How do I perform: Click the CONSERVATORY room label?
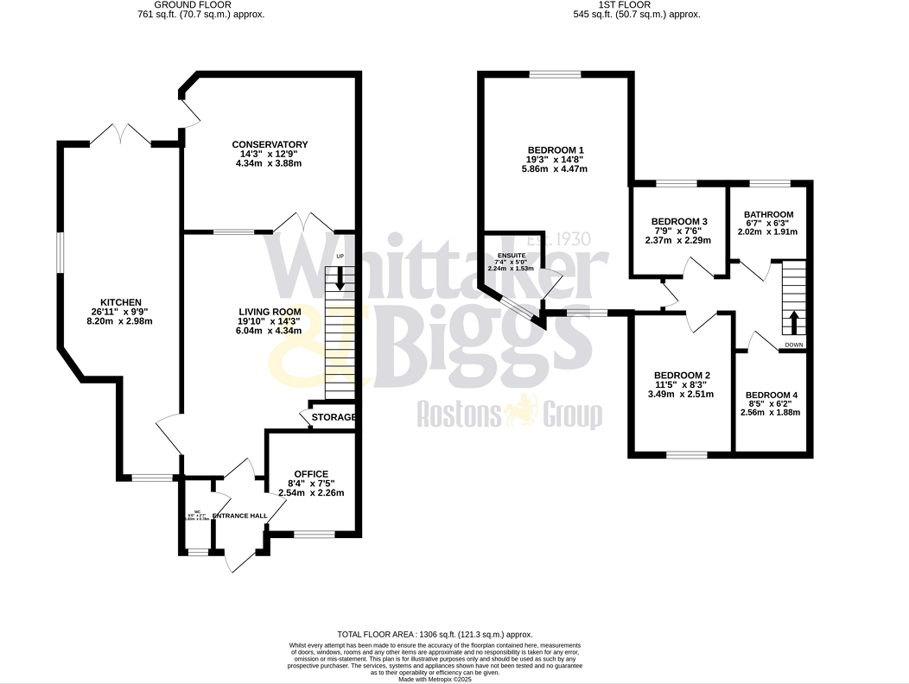click(x=270, y=144)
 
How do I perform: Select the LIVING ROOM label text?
click(x=270, y=311)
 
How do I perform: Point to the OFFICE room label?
click(x=311, y=473)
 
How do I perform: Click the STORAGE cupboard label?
click(x=334, y=417)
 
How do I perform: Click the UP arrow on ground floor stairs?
click(x=339, y=278)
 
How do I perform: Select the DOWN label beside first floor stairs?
click(x=793, y=345)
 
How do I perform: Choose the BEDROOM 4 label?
click(x=771, y=395)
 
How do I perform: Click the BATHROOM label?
click(x=768, y=214)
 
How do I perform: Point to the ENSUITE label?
click(x=512, y=256)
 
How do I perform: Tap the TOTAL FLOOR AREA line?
click(x=435, y=634)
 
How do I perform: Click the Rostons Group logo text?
click(x=510, y=415)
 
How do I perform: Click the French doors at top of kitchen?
click(x=122, y=134)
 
